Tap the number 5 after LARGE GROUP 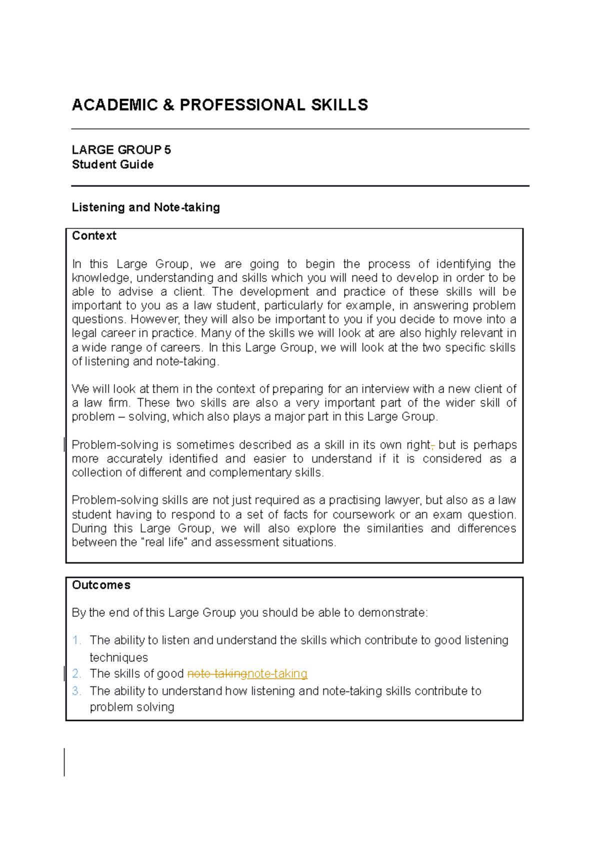coord(167,150)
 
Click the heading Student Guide coord(112,164)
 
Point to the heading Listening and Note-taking coord(145,207)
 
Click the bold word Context coord(94,236)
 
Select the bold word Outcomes coord(101,585)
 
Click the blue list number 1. coord(76,640)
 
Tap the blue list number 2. coord(76,674)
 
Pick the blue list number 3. coord(76,691)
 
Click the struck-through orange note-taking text coord(217,674)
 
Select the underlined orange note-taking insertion coord(277,674)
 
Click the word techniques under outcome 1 coord(118,658)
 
